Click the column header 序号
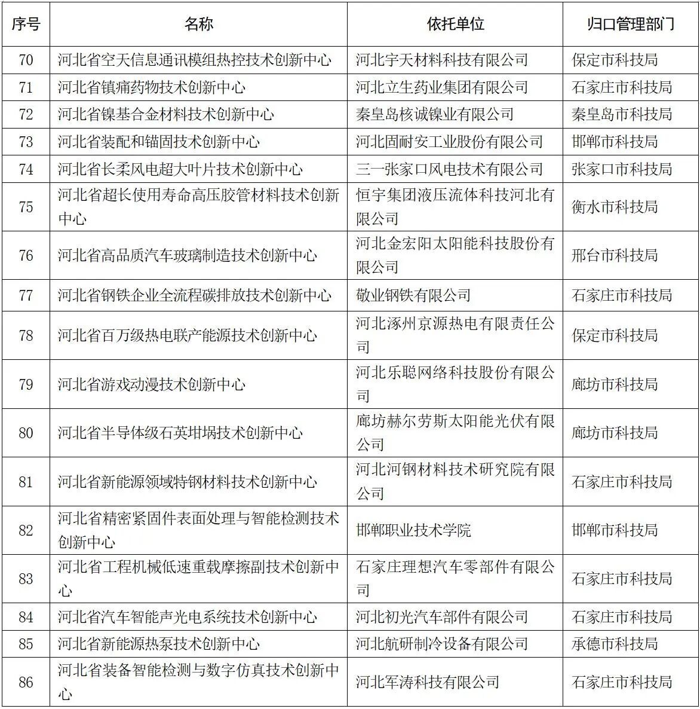tap(26, 24)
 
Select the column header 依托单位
tap(455, 24)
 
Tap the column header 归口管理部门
tap(631, 24)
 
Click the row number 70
tap(26, 60)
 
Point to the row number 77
tap(26, 295)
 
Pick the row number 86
tap(26, 682)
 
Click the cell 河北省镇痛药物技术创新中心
tap(152, 88)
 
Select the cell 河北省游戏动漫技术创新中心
tap(152, 384)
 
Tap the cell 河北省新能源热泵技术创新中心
tap(159, 644)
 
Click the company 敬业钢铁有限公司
tap(413, 295)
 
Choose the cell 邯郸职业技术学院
tap(413, 530)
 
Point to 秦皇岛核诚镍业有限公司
tap(435, 115)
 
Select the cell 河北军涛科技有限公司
tap(428, 682)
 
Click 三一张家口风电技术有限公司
tap(449, 169)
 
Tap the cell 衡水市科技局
tap(615, 207)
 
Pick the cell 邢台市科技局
tap(615, 255)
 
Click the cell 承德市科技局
tap(615, 644)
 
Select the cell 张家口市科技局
tap(622, 169)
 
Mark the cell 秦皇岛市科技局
tap(622, 115)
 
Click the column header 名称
tap(198, 24)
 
